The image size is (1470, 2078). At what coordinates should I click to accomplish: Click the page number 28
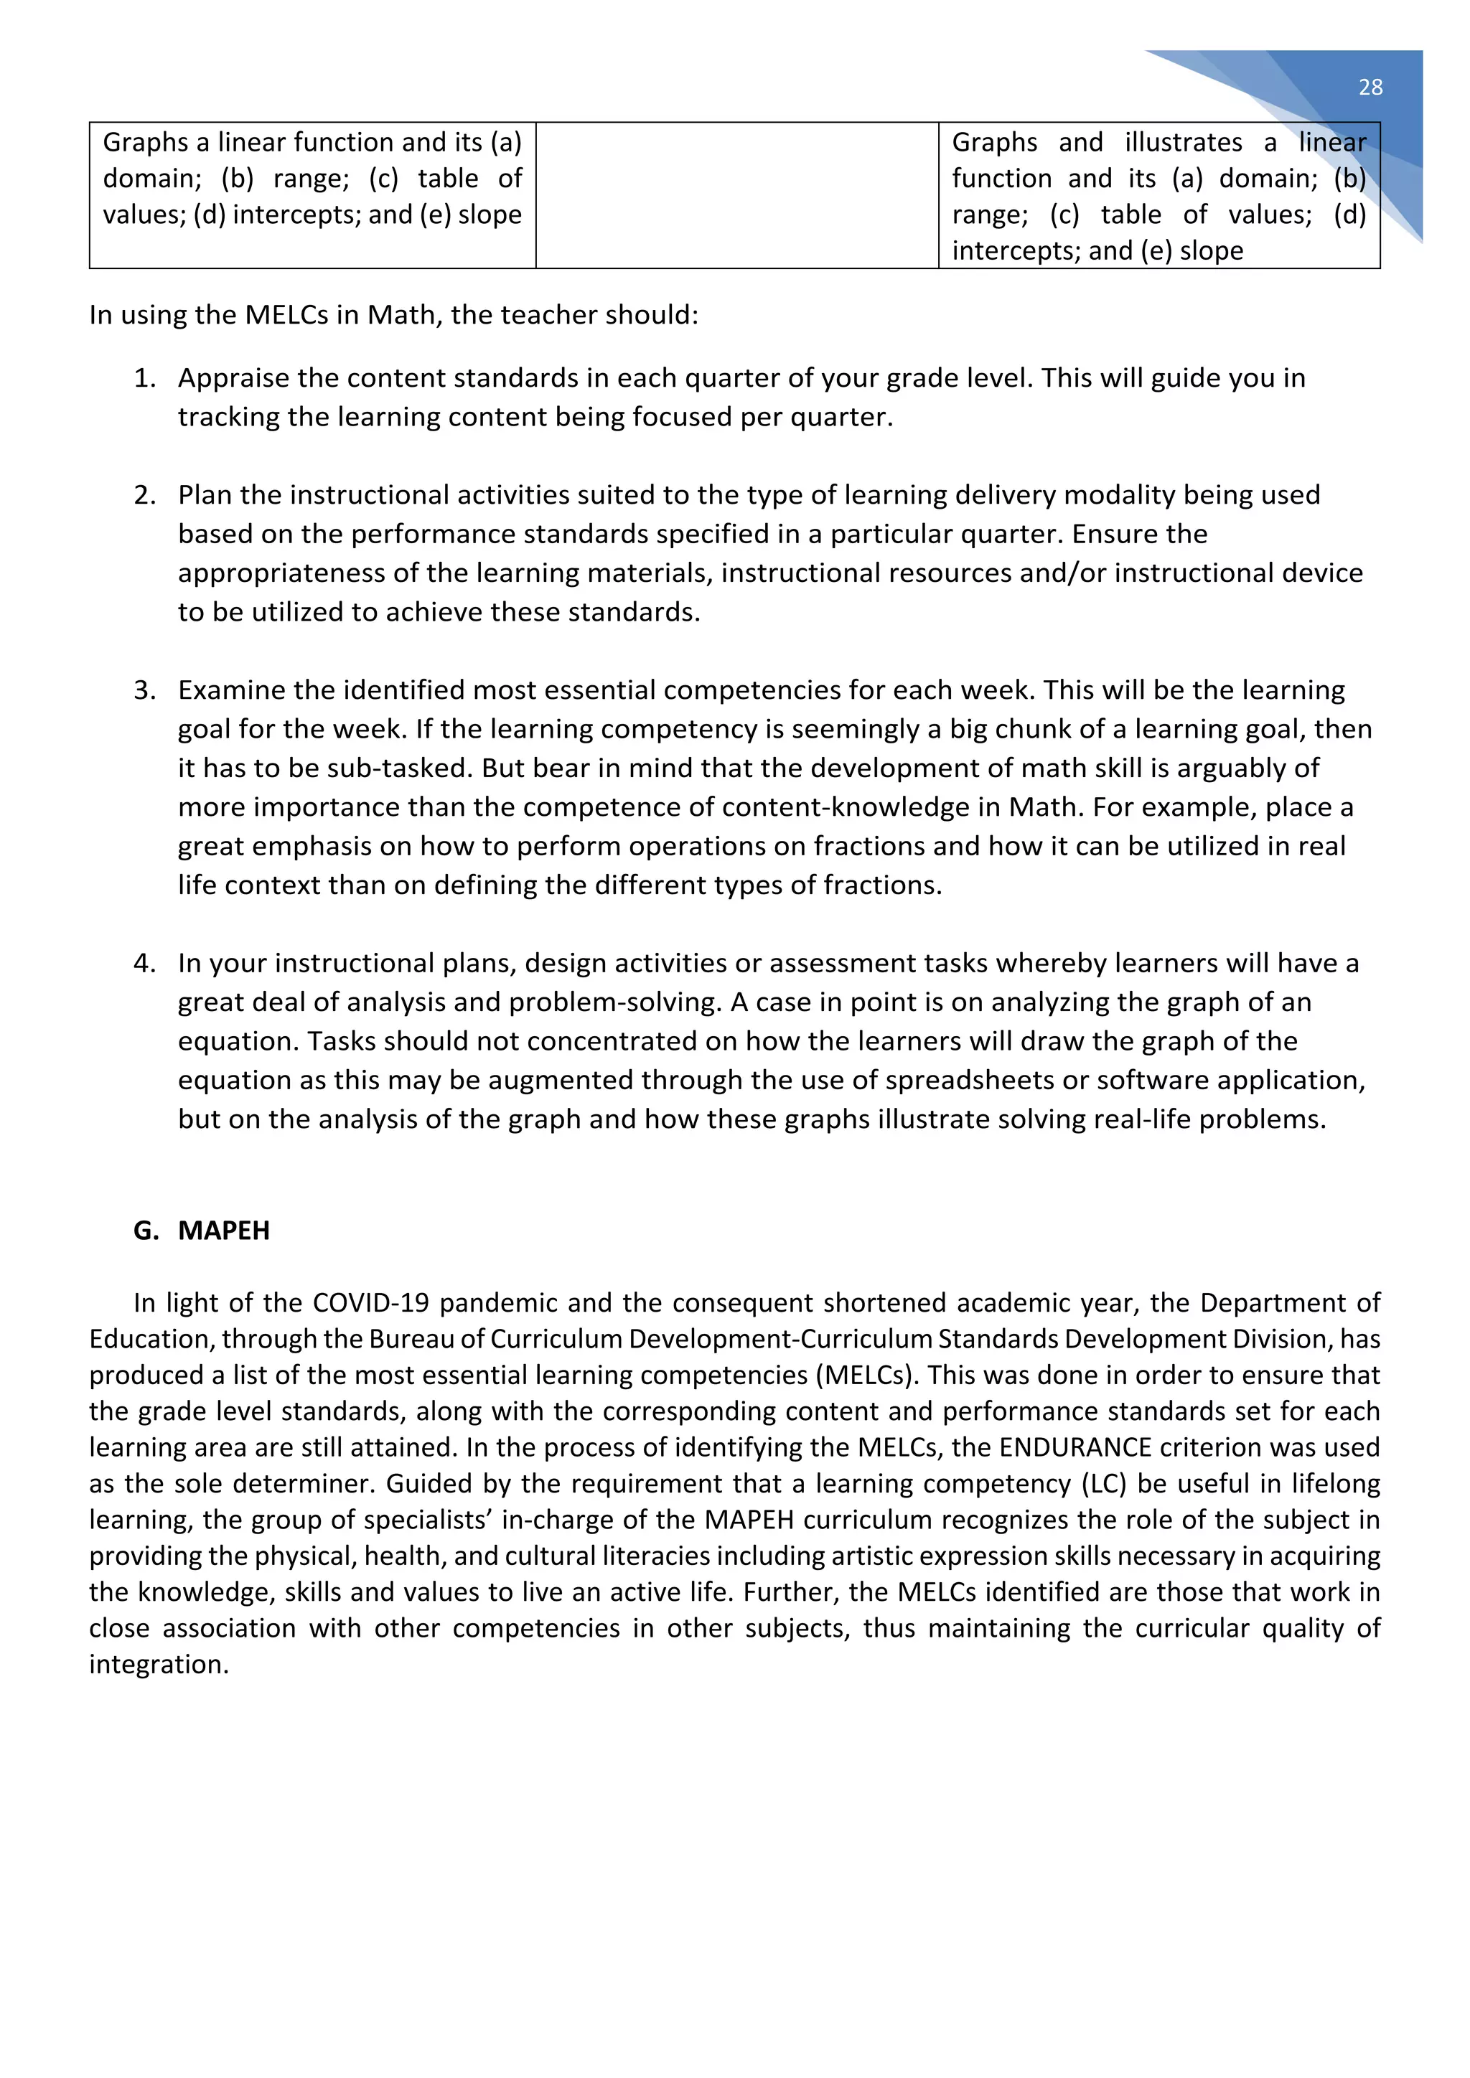(1370, 87)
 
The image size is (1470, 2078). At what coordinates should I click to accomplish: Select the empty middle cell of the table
(737, 194)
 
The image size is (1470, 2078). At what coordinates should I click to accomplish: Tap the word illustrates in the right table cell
(1183, 142)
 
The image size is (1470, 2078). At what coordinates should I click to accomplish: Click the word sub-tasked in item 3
(399, 768)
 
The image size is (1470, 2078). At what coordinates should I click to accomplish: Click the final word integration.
(159, 1663)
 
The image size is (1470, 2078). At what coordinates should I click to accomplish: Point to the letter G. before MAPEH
(145, 1230)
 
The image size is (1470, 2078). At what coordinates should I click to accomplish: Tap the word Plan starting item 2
(205, 494)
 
